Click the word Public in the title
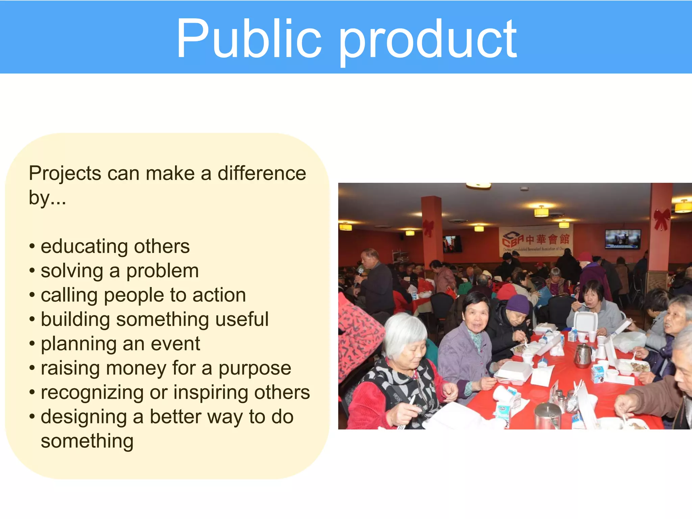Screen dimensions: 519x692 pyautogui.click(x=248, y=39)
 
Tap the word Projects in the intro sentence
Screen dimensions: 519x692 pyautogui.click(x=65, y=174)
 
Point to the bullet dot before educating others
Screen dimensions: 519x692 pyautogui.click(x=32, y=246)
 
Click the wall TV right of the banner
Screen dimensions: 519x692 pyautogui.click(x=622, y=239)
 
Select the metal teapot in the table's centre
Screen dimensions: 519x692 pyautogui.click(x=583, y=355)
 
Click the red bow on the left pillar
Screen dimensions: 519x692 pyautogui.click(x=428, y=227)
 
